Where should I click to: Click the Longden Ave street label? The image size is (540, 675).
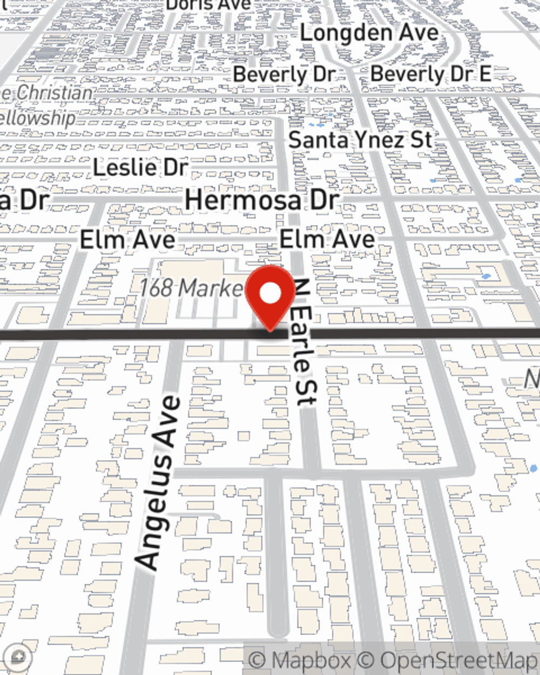click(369, 33)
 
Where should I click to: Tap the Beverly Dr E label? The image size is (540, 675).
click(431, 74)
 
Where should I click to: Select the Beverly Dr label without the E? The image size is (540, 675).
click(285, 74)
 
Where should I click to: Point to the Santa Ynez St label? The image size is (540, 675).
click(360, 140)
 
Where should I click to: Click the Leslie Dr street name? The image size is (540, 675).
click(140, 167)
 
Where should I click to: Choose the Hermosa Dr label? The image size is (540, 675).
click(262, 200)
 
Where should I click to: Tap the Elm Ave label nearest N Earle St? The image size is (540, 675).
click(327, 239)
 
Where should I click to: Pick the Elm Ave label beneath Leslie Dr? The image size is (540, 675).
click(127, 240)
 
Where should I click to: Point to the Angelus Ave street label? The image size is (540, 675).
click(159, 482)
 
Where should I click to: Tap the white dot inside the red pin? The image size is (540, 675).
click(271, 294)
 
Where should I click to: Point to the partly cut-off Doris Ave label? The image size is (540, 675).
click(208, 5)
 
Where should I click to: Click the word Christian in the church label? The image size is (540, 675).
click(53, 93)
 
